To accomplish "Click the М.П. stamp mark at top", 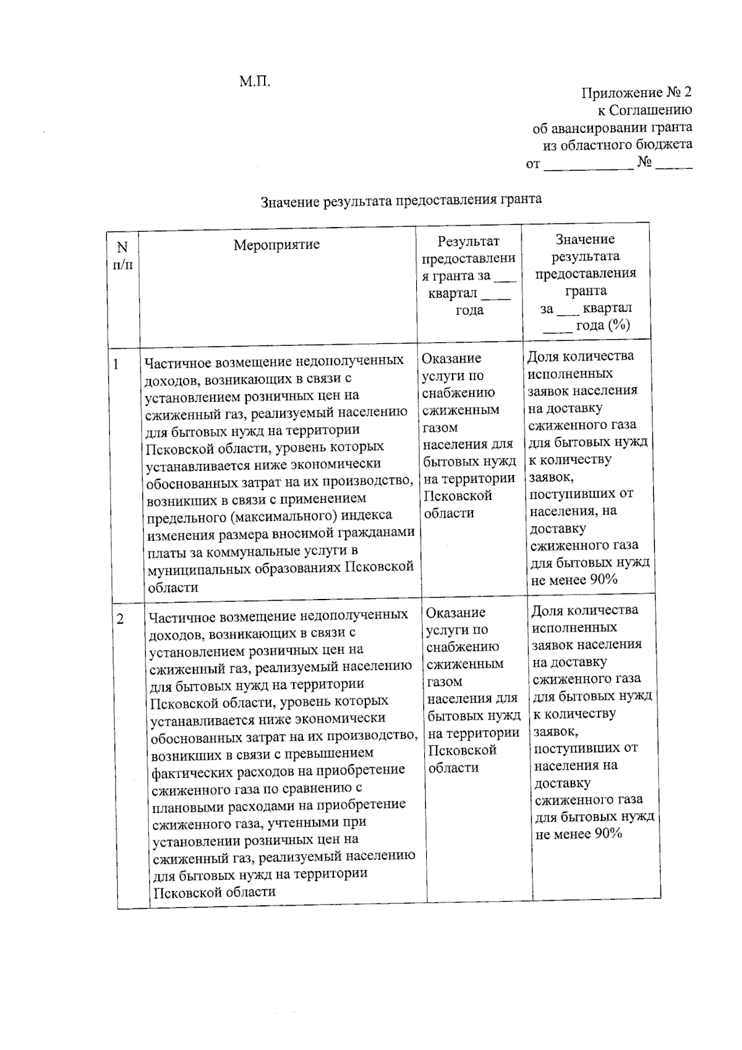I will pyautogui.click(x=255, y=81).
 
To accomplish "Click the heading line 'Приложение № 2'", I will pyautogui.click(x=636, y=93).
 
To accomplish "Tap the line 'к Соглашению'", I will pyautogui.click(x=644, y=110).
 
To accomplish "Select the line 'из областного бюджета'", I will pyautogui.click(x=617, y=145).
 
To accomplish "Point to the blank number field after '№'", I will pyautogui.click(x=674, y=164).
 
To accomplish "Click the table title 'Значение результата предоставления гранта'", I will pyautogui.click(x=401, y=200).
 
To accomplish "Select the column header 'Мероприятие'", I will pyautogui.click(x=276, y=244).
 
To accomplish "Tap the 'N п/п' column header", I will pyautogui.click(x=122, y=256).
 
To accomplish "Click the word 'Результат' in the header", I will pyautogui.click(x=468, y=241).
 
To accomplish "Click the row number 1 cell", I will pyautogui.click(x=116, y=364).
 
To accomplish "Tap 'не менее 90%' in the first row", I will pyautogui.click(x=574, y=580).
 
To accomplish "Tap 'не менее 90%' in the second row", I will pyautogui.click(x=578, y=833).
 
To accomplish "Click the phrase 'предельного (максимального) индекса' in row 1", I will pyautogui.click(x=270, y=515).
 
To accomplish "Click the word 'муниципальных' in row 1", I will pyautogui.click(x=199, y=568).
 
